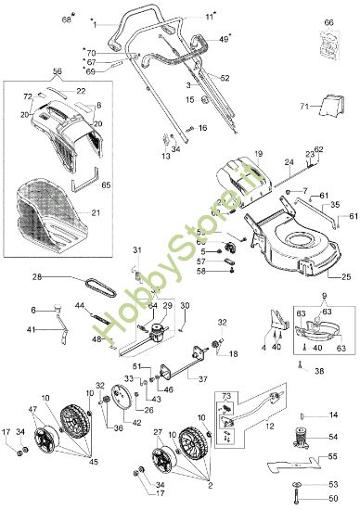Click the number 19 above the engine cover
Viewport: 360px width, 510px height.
259,152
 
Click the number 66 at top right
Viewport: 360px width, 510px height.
328,20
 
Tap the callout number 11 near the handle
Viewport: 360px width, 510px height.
210,17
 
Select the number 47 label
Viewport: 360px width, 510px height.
32,409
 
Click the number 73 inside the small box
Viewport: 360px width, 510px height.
225,396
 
